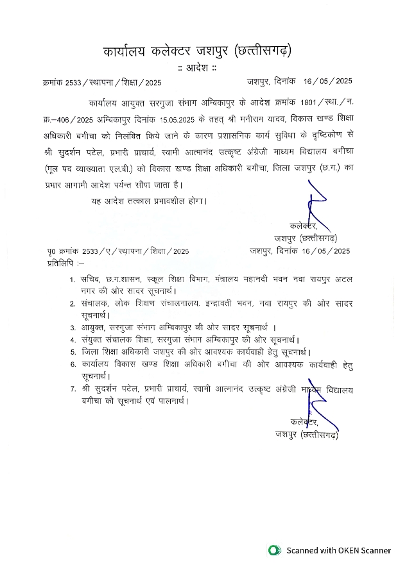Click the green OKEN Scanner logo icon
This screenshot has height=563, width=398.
pos(275,550)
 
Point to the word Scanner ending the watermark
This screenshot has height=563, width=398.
pos(370,550)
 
